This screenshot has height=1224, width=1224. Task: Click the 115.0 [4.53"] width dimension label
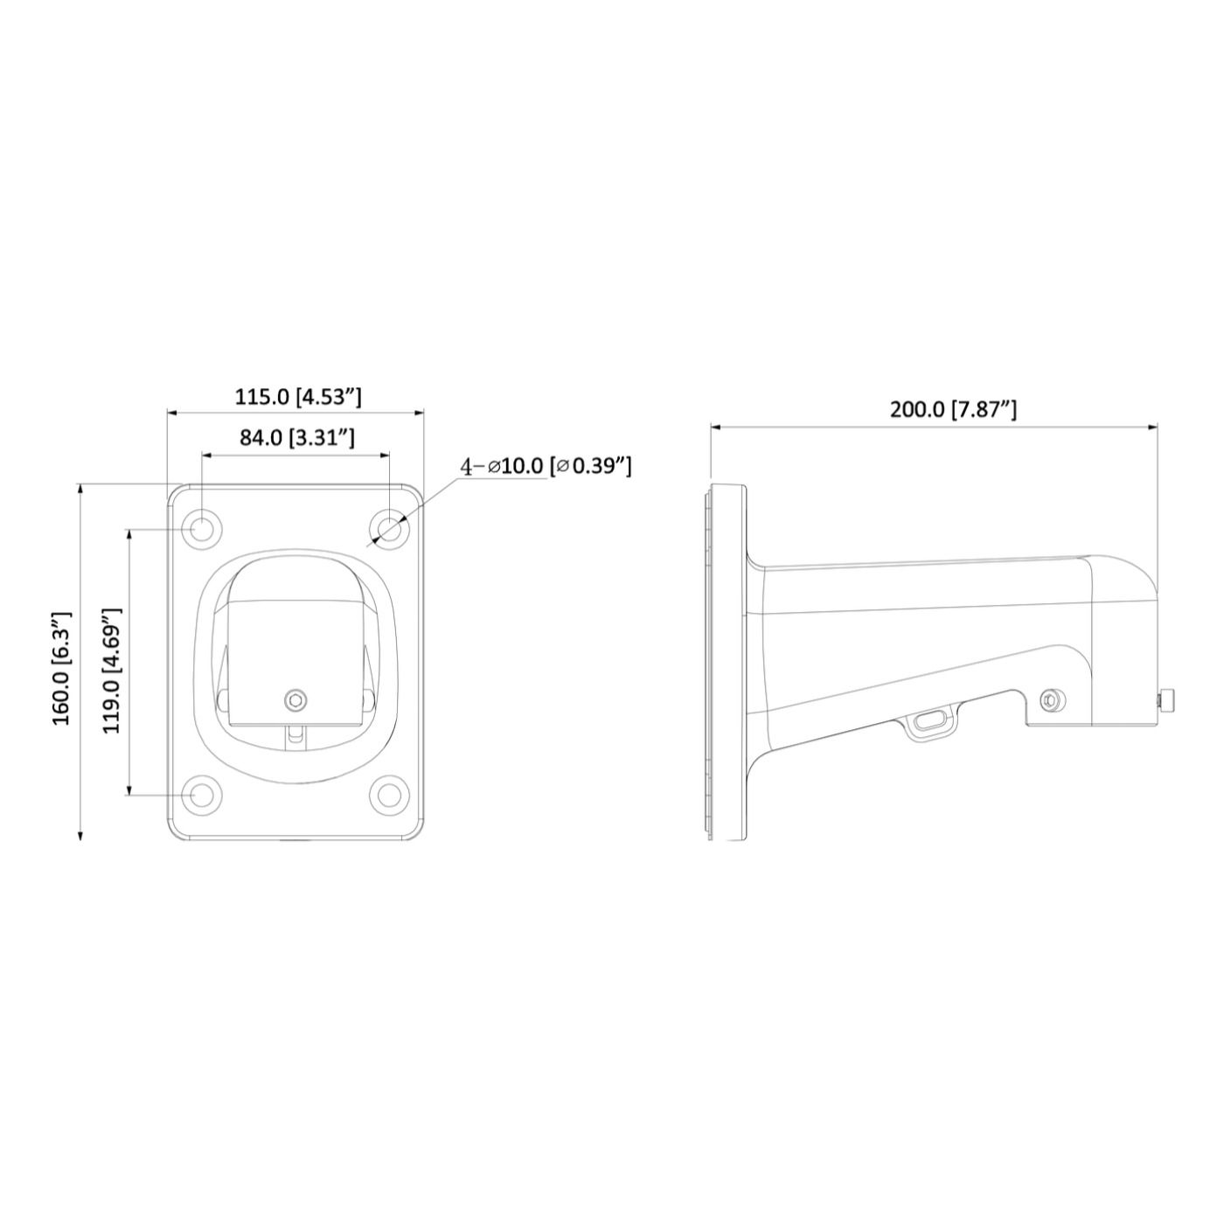pos(297,396)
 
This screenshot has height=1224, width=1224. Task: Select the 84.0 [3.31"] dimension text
pos(297,437)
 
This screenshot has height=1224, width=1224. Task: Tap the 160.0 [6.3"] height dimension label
pos(62,668)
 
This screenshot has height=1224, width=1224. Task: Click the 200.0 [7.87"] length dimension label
pos(953,409)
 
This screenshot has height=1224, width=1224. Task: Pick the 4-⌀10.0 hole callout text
pos(546,466)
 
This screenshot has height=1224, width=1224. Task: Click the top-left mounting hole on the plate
pos(201,529)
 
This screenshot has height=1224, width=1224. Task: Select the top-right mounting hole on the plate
pos(389,529)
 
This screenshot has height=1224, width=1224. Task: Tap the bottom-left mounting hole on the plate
pos(201,795)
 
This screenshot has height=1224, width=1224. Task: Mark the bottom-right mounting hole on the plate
pos(389,795)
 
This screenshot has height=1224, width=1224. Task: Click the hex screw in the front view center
pos(297,699)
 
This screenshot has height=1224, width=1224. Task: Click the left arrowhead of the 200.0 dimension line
pos(715,428)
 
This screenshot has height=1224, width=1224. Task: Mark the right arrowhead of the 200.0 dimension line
pos(1154,428)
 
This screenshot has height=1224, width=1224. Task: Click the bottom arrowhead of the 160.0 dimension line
pos(80,835)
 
